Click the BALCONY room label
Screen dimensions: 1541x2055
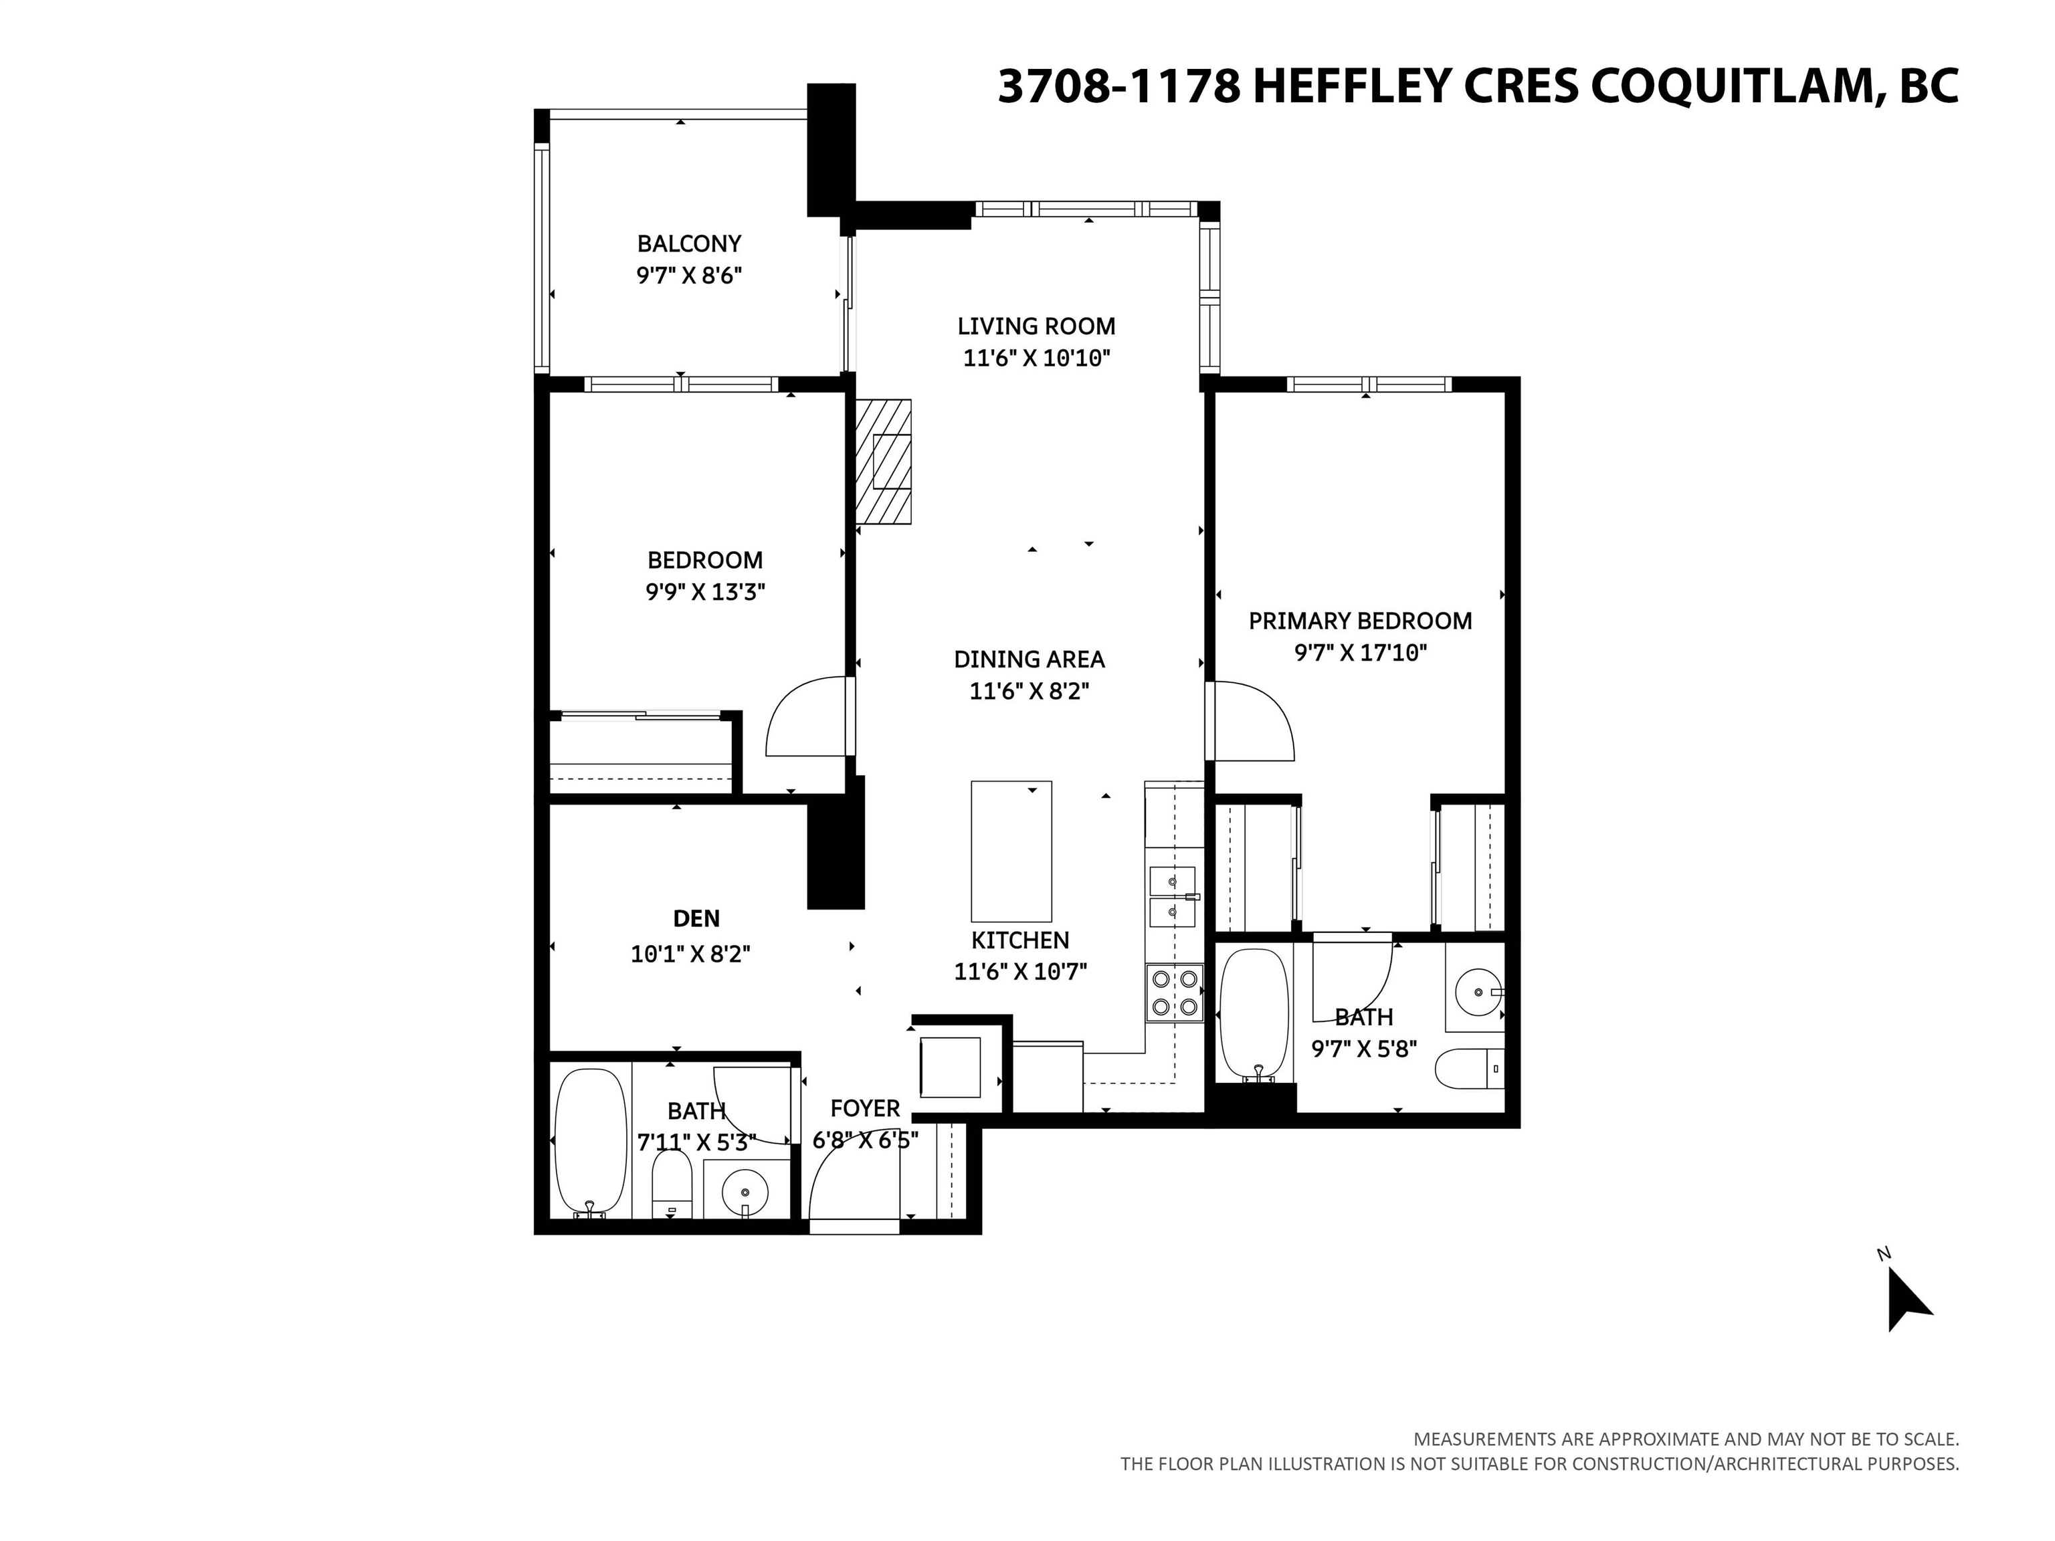tap(688, 243)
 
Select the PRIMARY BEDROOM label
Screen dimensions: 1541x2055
tap(1359, 621)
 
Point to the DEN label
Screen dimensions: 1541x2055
tap(696, 919)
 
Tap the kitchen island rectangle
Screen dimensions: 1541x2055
tap(1011, 851)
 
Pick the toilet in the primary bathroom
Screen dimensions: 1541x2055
tap(1468, 1068)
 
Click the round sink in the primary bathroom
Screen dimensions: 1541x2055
tap(1477, 992)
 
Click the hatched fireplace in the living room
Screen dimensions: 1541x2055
tap(884, 461)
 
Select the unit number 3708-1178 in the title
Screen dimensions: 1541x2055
tap(1118, 86)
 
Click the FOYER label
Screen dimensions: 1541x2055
tap(864, 1108)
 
